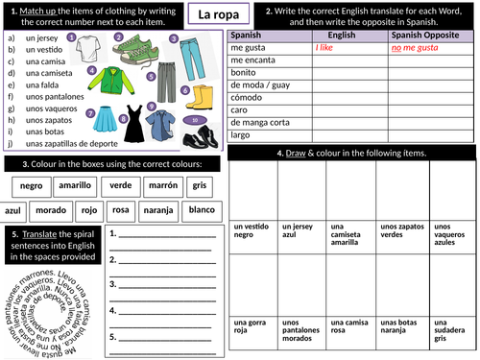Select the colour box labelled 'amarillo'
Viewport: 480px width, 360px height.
pyautogui.click(x=74, y=185)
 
